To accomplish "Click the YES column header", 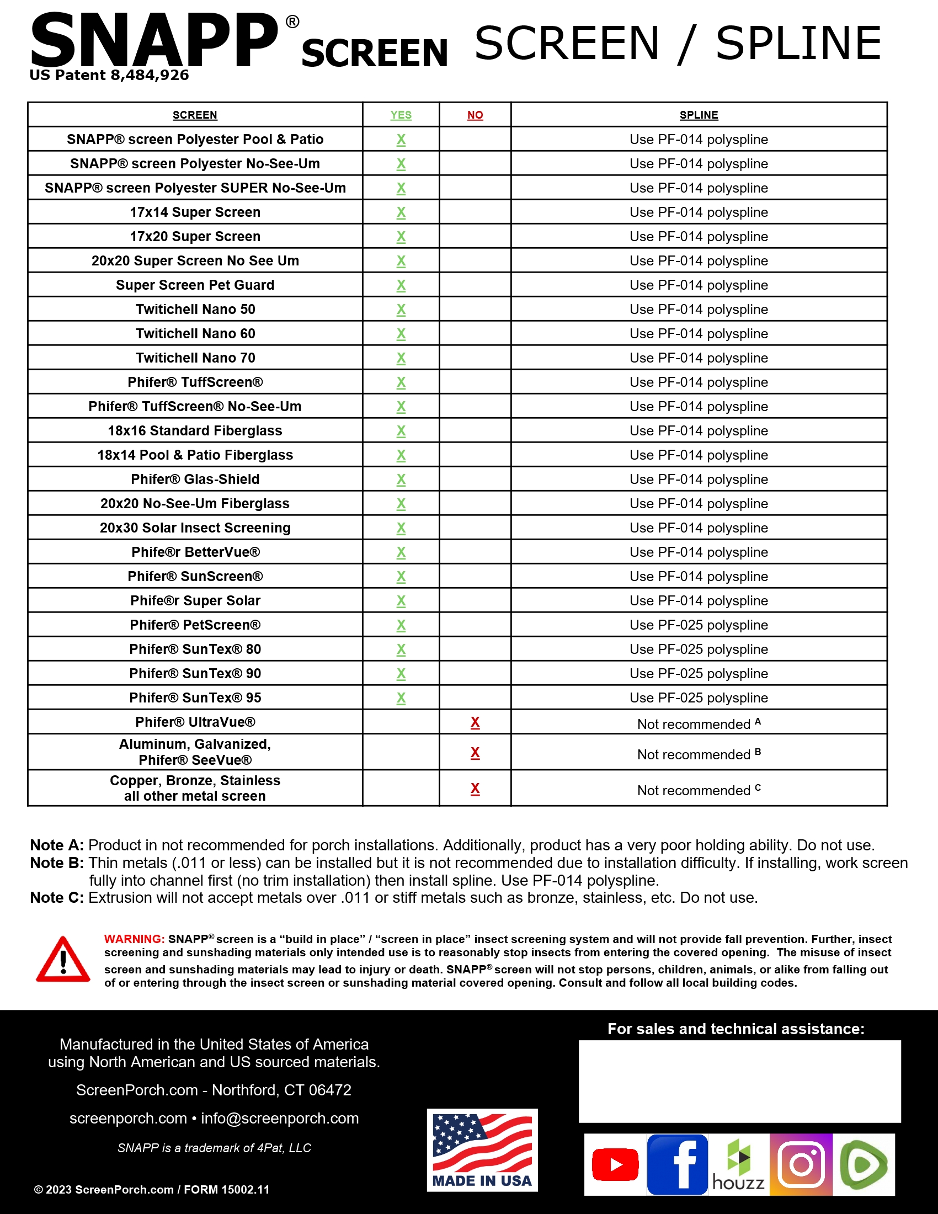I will pyautogui.click(x=401, y=115).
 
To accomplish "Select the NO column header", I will pyautogui.click(x=475, y=115).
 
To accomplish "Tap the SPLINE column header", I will pyautogui.click(x=699, y=115).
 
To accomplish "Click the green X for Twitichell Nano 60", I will pyautogui.click(x=401, y=333).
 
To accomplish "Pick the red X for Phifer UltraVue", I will pyautogui.click(x=475, y=722).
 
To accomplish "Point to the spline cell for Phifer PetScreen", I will pyautogui.click(x=699, y=625).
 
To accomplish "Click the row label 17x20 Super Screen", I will pyautogui.click(x=195, y=236).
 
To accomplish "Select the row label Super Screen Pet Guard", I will pyautogui.click(x=195, y=285).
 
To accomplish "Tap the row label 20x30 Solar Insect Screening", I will pyautogui.click(x=195, y=528).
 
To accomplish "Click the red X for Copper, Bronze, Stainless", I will pyautogui.click(x=475, y=788).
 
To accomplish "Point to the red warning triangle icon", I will pyautogui.click(x=63, y=961).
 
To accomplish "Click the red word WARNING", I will pyautogui.click(x=134, y=939).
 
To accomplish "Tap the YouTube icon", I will pyautogui.click(x=615, y=1164).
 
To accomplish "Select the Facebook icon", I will pyautogui.click(x=678, y=1164).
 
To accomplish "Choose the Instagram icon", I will pyautogui.click(x=801, y=1164).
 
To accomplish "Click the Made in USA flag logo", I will pyautogui.click(x=482, y=1149).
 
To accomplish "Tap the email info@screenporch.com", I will pyautogui.click(x=280, y=1118).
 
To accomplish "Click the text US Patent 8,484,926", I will pyautogui.click(x=109, y=75).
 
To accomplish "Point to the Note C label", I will pyautogui.click(x=57, y=898).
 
